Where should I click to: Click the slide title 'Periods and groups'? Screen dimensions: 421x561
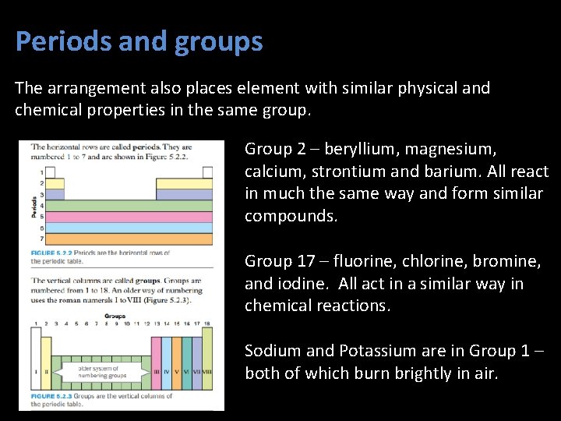pyautogui.click(x=139, y=41)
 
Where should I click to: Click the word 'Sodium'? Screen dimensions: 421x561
pyautogui.click(x=270, y=351)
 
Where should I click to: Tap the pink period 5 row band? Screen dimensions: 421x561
pyautogui.click(x=125, y=216)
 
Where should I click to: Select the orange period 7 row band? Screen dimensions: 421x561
pyautogui.click(x=125, y=238)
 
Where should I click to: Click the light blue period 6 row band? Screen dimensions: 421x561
pyautogui.click(x=125, y=227)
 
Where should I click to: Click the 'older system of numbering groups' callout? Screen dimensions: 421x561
pyautogui.click(x=104, y=372)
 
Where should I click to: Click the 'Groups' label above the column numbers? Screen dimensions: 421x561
pyautogui.click(x=115, y=316)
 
